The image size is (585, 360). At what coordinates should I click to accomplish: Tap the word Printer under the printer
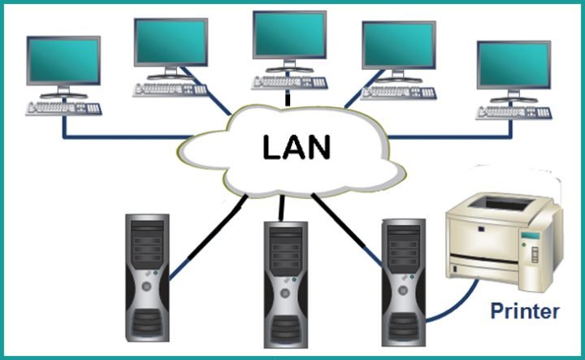point(525,310)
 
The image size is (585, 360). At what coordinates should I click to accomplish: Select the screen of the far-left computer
point(63,60)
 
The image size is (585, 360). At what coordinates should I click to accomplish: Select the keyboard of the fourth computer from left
point(399,90)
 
